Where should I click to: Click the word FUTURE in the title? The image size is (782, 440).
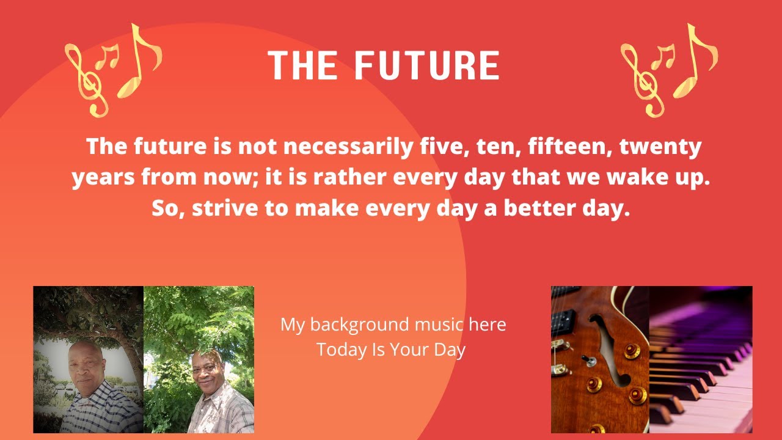[427, 65]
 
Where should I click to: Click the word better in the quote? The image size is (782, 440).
[537, 208]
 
